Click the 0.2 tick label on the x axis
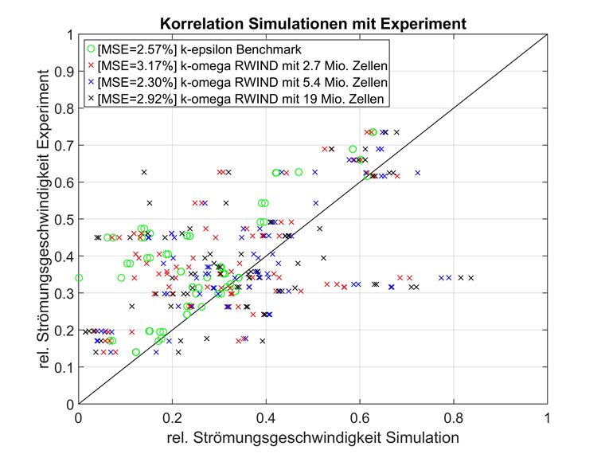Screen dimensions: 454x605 pos(172,417)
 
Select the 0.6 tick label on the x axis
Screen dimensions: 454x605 pos(360,417)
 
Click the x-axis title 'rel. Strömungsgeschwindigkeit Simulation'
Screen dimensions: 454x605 pos(313,437)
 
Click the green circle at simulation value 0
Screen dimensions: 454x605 pos(78,278)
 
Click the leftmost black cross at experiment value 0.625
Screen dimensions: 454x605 pos(144,172)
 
